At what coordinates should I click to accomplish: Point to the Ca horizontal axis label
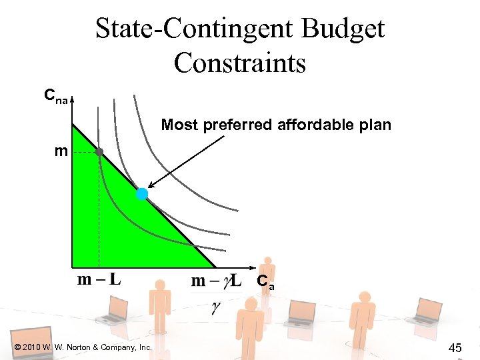[265, 282]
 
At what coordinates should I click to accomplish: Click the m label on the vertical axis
[61, 151]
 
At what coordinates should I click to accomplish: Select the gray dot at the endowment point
[99, 152]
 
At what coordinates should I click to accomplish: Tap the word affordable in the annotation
[316, 125]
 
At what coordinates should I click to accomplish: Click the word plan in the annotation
[375, 125]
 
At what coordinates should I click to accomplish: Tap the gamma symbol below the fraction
[215, 307]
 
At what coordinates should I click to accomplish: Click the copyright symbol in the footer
[16, 347]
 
